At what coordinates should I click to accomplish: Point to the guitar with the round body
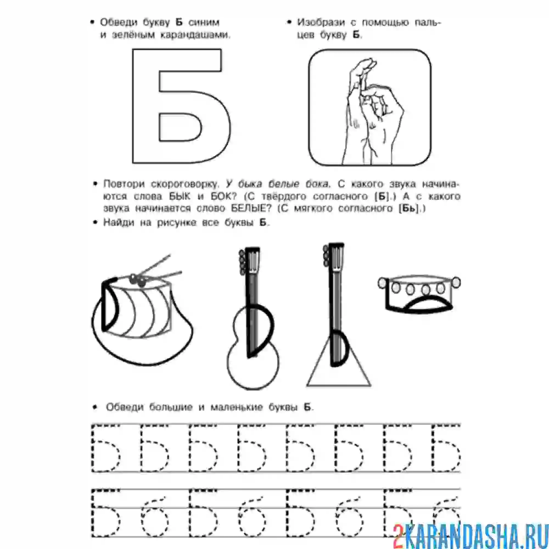(x=253, y=318)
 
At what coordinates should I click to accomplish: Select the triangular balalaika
(x=338, y=315)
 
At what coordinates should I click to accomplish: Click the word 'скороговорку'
(x=185, y=184)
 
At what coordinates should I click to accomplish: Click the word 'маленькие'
(x=236, y=407)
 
